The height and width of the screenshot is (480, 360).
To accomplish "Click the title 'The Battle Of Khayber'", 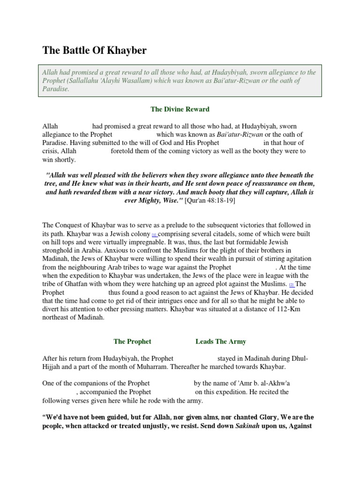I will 94,51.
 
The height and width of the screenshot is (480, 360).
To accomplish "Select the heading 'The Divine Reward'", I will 180,109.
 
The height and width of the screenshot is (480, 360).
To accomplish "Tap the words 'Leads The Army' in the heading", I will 221,342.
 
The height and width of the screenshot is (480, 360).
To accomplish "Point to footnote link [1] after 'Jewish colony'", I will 154,234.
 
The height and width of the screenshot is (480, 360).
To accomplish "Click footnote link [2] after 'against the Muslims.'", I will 291,285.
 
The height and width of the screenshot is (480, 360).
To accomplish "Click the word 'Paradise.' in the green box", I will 56,89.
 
